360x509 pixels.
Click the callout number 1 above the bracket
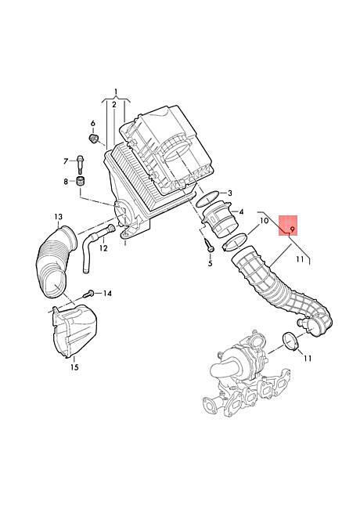coord(116,92)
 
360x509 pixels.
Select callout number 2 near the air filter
coord(114,104)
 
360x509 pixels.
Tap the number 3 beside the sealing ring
coord(230,193)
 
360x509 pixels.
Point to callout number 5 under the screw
coord(211,263)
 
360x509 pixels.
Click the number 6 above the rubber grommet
coord(93,124)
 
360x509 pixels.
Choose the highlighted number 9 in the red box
coord(292,229)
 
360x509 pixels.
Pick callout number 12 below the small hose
coord(103,248)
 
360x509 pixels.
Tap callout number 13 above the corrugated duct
coord(59,216)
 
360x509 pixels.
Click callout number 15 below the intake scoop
coord(74,367)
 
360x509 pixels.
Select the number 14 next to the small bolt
coord(107,294)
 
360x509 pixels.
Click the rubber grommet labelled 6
coord(93,139)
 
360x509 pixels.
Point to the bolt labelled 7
coord(80,165)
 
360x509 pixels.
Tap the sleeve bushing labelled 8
coord(80,181)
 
